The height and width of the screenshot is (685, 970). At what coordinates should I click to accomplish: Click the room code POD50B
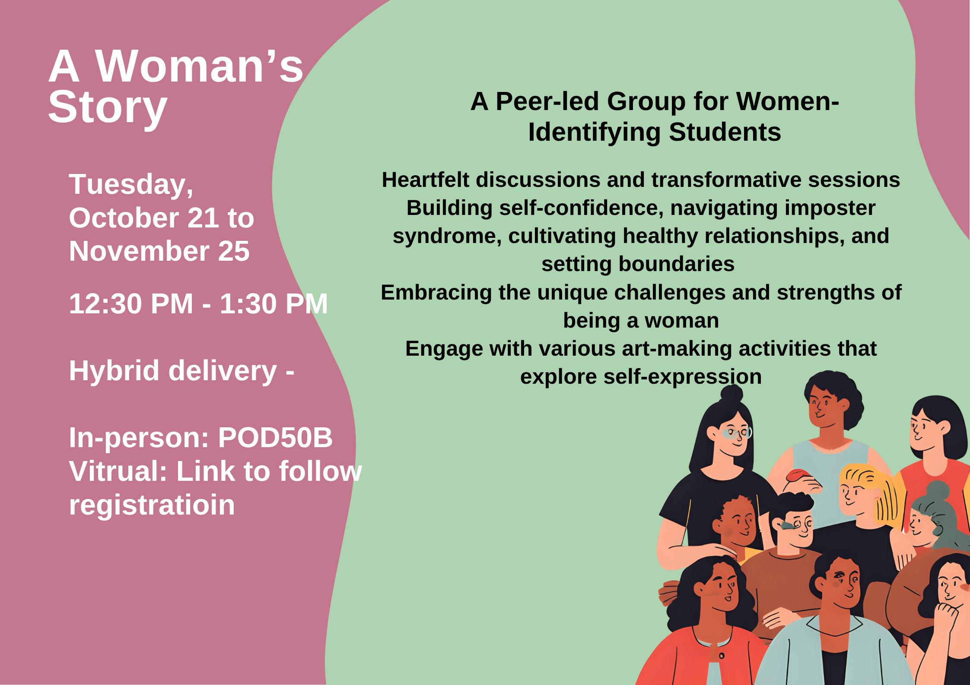[275, 438]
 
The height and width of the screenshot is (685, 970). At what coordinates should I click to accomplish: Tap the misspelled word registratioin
[152, 505]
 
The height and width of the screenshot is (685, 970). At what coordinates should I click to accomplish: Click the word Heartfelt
[425, 180]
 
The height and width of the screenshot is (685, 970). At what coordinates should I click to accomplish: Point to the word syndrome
[447, 236]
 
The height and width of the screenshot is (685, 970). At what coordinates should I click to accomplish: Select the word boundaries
[677, 264]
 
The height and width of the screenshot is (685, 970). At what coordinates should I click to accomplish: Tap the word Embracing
[436, 293]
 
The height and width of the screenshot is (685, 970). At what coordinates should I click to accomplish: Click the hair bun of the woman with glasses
[731, 393]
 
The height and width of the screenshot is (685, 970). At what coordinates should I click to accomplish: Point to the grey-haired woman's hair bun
[938, 490]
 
